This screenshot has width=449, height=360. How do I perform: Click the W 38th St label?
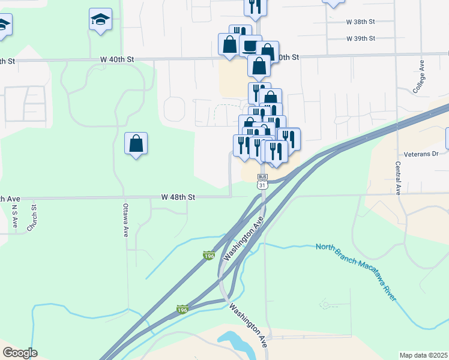pos(360,22)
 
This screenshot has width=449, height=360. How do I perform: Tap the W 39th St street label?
pos(360,38)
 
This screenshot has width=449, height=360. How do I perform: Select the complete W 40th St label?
pos(116,59)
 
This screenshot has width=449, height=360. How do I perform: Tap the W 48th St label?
pos(178,197)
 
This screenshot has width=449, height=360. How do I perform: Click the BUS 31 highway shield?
pos(262,182)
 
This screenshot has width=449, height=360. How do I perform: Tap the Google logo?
pos(20,353)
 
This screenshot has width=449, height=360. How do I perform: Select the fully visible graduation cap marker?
pos(100,20)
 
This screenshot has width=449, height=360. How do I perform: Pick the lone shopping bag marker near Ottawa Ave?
pos(136,144)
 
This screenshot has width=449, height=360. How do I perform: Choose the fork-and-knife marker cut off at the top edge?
pos(255,6)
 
